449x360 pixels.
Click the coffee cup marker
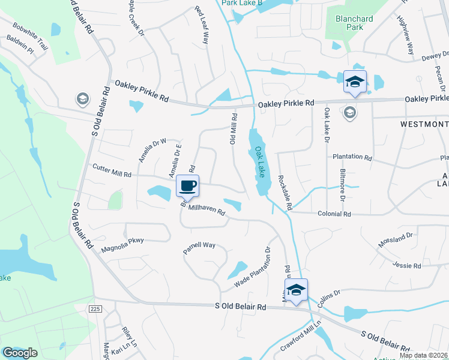pos(188,185)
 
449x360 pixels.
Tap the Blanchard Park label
pos(354,23)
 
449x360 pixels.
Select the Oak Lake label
pos(260,161)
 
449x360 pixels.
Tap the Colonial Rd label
pos(334,214)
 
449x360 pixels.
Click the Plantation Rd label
pos(353,157)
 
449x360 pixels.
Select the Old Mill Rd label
pos(233,129)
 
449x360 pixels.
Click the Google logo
pos(20,353)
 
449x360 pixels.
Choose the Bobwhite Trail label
pos(29,38)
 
